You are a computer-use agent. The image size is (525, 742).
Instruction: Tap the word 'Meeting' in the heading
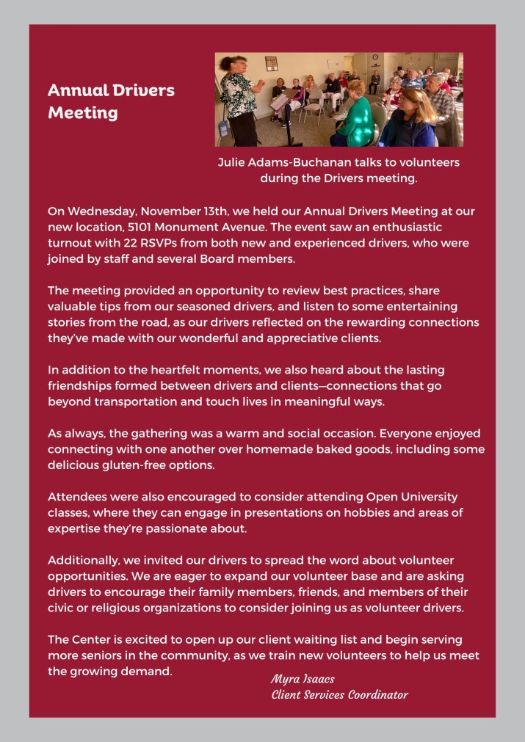[x=83, y=113]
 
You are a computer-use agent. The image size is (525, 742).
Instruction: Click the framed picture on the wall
[x=271, y=63]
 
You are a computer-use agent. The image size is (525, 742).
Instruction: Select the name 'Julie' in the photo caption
[x=233, y=162]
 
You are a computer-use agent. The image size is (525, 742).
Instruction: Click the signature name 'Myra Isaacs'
[x=303, y=679]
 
